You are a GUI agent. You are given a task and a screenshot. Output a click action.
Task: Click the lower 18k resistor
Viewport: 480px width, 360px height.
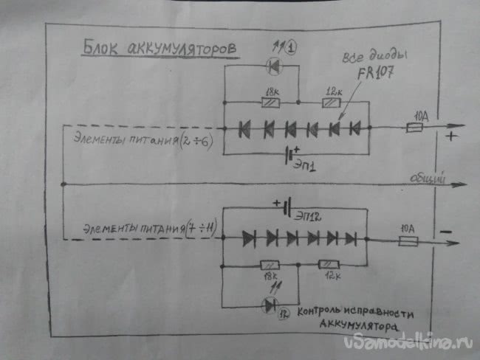(x=269, y=264)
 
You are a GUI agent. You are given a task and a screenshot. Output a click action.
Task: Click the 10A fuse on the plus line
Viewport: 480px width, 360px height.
(x=415, y=128)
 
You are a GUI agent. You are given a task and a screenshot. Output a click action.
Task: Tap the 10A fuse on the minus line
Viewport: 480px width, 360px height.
(x=408, y=241)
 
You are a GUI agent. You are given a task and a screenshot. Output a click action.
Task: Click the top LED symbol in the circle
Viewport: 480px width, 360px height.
(x=273, y=66)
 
